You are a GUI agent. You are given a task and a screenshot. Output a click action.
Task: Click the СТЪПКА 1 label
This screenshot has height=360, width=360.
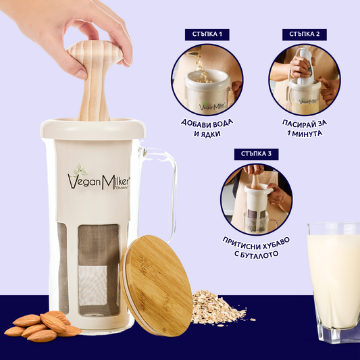(207, 34)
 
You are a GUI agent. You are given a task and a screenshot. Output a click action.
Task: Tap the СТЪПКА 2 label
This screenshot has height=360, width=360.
(305, 34)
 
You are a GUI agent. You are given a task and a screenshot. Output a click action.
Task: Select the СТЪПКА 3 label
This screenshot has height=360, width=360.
(256, 154)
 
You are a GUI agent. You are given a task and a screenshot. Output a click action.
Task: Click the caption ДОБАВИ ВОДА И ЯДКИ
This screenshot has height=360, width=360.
(207, 128)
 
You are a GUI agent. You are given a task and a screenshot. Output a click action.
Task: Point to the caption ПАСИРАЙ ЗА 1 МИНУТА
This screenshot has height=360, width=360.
(305, 128)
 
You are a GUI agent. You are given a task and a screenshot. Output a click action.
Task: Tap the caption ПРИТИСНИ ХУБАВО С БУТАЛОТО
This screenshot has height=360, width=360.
(256, 248)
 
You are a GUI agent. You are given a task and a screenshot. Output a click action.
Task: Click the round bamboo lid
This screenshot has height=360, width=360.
(156, 286)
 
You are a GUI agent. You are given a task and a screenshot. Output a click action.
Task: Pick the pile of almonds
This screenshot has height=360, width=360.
(43, 326)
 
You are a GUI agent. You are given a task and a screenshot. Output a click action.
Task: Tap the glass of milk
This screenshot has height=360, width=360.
(334, 281)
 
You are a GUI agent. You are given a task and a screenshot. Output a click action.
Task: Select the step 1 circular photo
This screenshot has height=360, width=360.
(207, 80)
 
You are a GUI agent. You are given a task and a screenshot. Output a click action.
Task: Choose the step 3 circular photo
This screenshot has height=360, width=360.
(256, 199)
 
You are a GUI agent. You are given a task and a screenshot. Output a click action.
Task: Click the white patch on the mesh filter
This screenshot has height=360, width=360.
(93, 285)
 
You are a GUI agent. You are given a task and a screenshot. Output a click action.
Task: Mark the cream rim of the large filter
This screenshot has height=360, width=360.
(93, 129)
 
